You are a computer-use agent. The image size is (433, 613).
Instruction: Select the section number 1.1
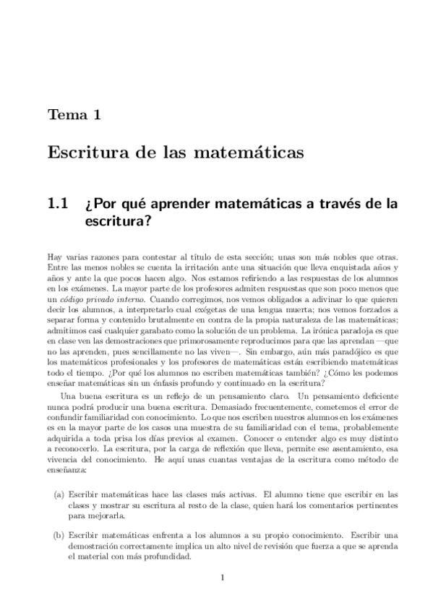[58, 205]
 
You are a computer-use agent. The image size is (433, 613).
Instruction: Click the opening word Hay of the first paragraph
[55, 257]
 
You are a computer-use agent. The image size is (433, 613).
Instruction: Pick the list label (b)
[58, 536]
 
